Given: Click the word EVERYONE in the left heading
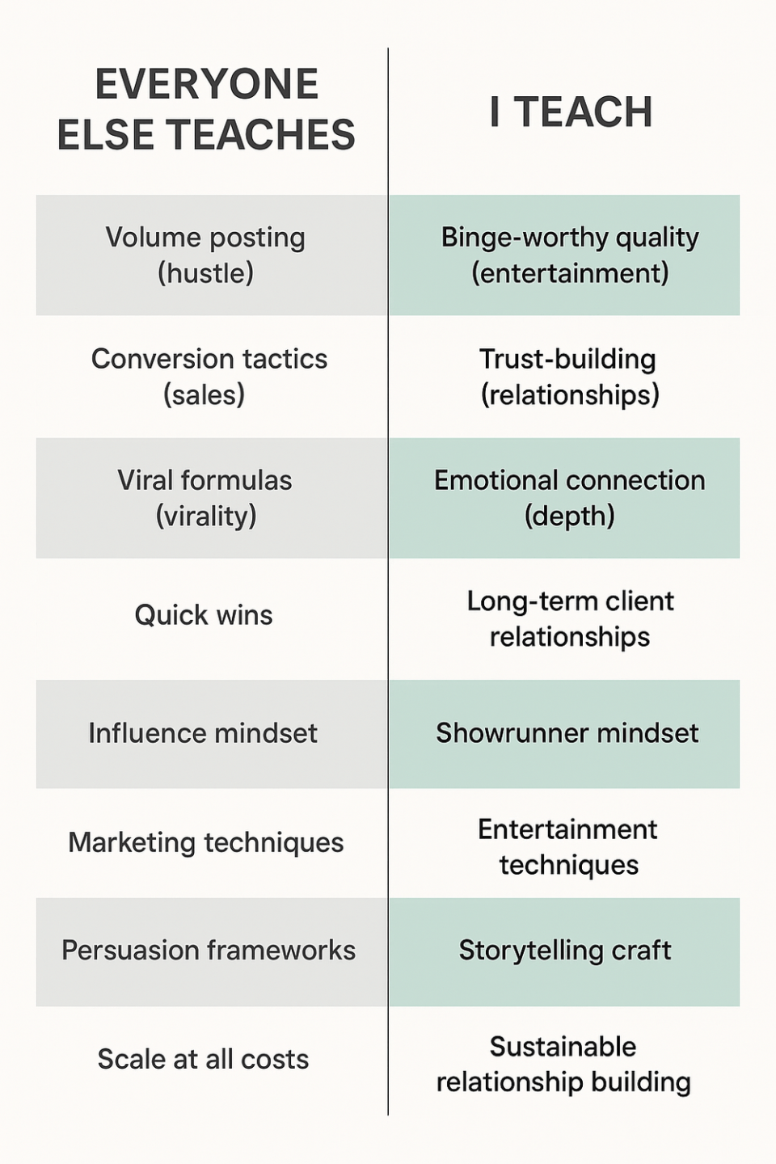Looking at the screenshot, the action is coord(207,84).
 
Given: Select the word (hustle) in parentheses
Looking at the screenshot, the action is coord(206,273).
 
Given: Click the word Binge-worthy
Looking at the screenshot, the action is coord(524,238).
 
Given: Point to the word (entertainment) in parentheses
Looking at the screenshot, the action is coord(570,273).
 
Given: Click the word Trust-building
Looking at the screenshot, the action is coord(567,360).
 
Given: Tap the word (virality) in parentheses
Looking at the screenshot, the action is coord(206,517).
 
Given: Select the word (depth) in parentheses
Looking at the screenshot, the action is coord(570,517).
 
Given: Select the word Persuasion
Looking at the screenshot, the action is coord(130,950).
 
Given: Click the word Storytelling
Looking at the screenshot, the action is coord(530,951).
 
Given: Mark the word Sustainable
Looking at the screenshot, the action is coord(563,1047).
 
